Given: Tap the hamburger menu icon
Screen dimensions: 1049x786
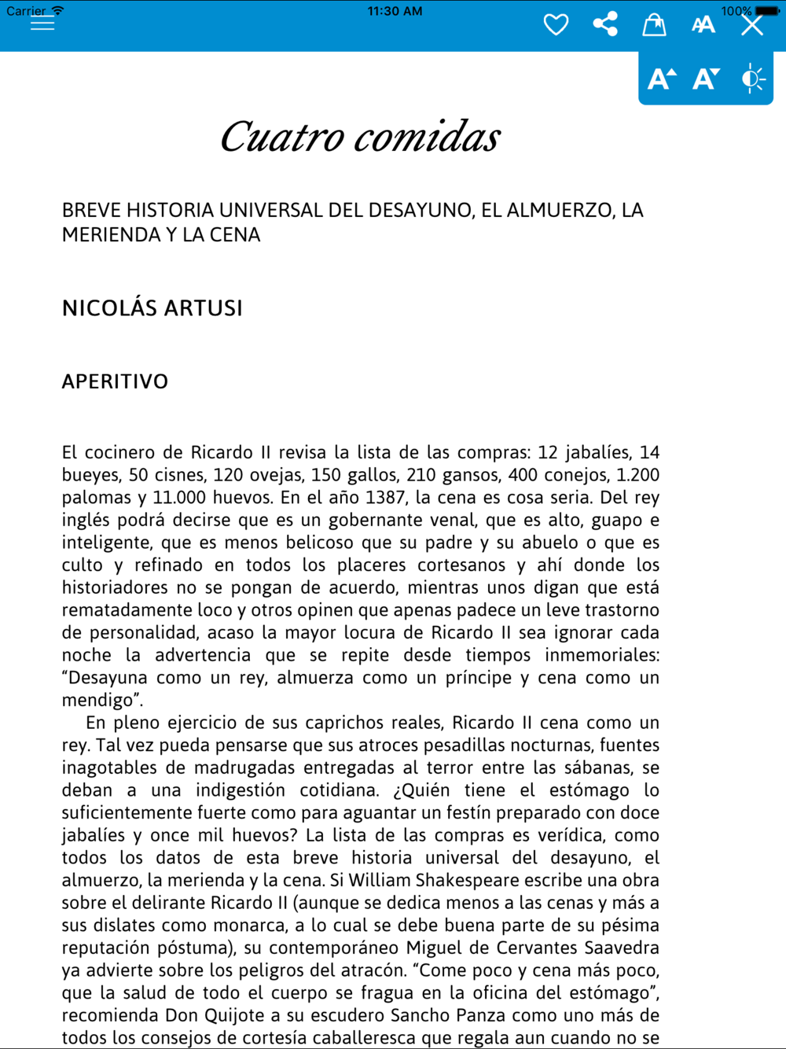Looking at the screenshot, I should click(x=42, y=23).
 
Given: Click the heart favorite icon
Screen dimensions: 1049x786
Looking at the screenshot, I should click(x=556, y=25).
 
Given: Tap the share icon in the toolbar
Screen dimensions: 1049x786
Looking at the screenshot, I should click(x=605, y=24).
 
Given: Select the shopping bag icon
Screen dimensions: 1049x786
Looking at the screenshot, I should click(x=654, y=25).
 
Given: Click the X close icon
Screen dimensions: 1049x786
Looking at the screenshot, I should click(x=752, y=25).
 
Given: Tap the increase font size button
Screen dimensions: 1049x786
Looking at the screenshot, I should click(x=661, y=79).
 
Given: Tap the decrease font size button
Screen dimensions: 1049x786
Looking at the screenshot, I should click(x=706, y=79).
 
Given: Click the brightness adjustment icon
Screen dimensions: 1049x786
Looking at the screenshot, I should click(x=752, y=79).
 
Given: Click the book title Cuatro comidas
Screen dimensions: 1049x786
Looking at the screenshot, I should click(x=360, y=138).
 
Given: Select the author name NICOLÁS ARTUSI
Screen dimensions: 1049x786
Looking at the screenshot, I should click(x=152, y=308).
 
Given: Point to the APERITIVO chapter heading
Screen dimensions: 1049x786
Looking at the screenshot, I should click(x=115, y=382).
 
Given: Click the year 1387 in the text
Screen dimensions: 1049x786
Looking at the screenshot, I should click(x=385, y=498).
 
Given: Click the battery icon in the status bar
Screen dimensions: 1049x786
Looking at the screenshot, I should click(x=767, y=11).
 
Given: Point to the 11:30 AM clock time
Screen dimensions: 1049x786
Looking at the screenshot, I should click(x=395, y=11).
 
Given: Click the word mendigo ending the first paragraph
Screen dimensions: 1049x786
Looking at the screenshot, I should click(x=97, y=701).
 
